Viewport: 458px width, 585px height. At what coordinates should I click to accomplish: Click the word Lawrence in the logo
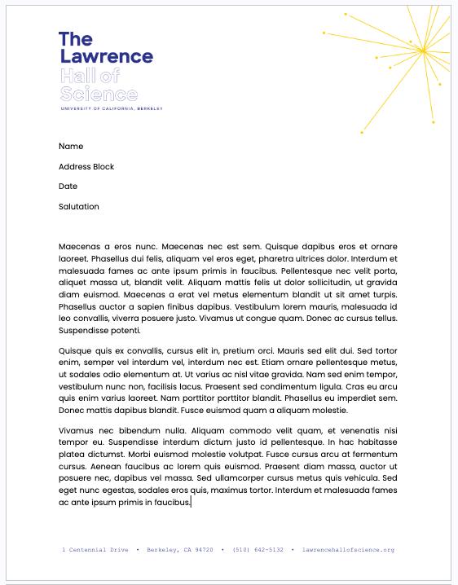click(106, 57)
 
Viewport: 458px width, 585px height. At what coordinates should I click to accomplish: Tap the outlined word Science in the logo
click(99, 94)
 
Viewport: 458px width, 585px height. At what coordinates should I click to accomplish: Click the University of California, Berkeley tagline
click(111, 108)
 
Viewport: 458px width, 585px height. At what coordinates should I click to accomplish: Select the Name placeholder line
click(71, 147)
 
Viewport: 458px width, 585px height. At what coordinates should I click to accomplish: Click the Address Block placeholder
click(86, 167)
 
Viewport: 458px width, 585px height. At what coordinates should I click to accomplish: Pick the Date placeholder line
click(68, 187)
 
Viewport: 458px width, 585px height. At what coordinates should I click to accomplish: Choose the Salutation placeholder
click(79, 207)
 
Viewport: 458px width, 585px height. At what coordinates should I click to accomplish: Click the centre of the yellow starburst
click(423, 51)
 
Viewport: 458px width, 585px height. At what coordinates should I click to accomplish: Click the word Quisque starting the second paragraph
click(76, 350)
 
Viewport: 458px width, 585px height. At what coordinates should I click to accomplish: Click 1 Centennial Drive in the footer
click(95, 550)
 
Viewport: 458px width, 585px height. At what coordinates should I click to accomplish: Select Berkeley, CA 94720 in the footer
click(179, 550)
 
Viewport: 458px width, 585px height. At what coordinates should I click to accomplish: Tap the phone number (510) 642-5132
click(258, 550)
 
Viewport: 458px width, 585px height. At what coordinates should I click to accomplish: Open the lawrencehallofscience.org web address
click(348, 550)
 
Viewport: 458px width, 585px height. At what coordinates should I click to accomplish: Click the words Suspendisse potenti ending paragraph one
click(99, 331)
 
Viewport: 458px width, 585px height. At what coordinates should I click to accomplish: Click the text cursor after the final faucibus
click(191, 503)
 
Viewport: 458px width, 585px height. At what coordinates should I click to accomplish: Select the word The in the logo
click(76, 39)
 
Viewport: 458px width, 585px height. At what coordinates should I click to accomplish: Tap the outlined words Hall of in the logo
click(90, 76)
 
